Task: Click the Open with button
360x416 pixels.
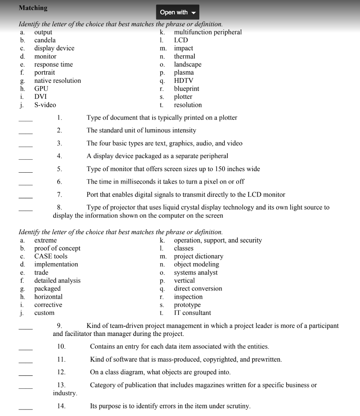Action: (177, 12)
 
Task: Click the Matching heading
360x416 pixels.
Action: (33, 8)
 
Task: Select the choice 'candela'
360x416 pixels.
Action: (45, 40)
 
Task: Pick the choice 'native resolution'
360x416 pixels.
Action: (57, 80)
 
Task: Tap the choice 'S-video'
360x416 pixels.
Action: (45, 105)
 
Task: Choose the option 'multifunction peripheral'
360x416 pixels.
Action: (207, 32)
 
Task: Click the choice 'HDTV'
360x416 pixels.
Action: (183, 80)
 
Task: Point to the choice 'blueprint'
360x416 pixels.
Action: (186, 89)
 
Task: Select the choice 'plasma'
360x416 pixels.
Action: (184, 72)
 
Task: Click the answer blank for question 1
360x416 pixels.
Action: (25, 121)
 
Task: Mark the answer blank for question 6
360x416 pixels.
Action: (25, 185)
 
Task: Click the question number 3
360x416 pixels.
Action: (59, 143)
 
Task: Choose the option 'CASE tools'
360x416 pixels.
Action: (51, 256)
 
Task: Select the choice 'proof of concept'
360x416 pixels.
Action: (57, 248)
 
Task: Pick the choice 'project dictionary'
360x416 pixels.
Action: (198, 256)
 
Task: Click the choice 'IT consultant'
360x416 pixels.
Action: (192, 313)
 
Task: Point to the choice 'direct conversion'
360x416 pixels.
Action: (198, 288)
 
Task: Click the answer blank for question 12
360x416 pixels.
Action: (25, 375)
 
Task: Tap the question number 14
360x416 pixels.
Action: (61, 406)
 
